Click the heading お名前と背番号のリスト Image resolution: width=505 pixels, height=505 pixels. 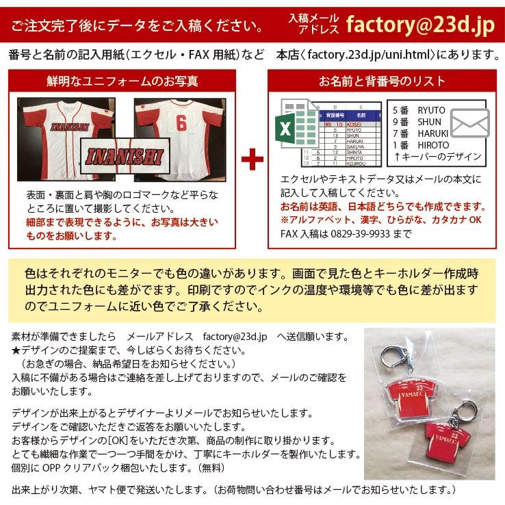(x=382, y=82)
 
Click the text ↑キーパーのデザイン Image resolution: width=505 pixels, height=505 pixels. (x=437, y=156)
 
